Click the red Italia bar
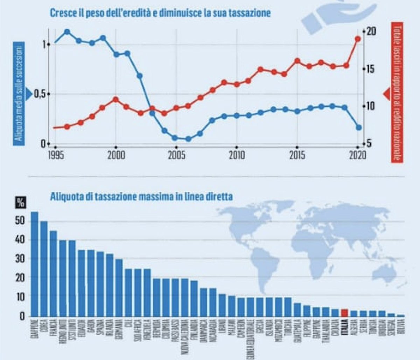344,312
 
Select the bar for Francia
54,273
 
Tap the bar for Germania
119,287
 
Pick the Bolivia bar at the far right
401,315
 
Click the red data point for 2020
358,39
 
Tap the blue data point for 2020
358,127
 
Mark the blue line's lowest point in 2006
188,139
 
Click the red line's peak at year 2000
116,99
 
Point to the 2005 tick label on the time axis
176,155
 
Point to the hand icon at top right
336,16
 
